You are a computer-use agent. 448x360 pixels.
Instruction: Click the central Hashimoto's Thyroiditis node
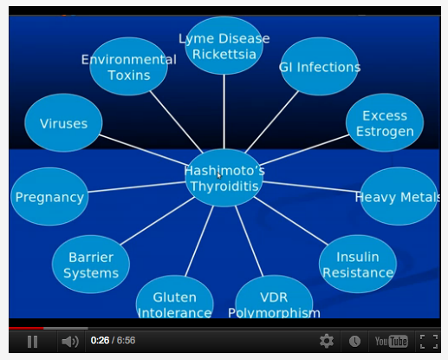pos(224,178)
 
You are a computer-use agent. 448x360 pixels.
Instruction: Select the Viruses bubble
pos(63,122)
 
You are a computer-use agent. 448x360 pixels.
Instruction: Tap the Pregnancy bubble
pos(49,197)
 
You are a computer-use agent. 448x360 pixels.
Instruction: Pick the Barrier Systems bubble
pos(91,265)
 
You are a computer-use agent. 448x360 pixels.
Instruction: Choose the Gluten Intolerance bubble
pos(175,297)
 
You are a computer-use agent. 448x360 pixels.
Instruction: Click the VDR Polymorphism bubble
pos(274,297)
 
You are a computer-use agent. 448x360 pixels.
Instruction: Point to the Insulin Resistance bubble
pos(358,264)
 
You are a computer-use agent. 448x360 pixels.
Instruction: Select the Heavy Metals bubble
pos(399,196)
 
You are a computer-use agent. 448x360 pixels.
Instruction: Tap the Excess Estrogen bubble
pos(385,122)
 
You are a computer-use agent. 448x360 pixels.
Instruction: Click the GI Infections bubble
pos(320,66)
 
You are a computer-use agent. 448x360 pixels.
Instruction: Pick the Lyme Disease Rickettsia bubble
pos(224,45)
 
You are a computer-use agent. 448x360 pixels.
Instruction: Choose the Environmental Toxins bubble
pos(129,66)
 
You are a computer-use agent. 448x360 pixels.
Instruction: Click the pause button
pos(32,342)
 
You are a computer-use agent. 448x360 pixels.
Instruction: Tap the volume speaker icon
pos(70,342)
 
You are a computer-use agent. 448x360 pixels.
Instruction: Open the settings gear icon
pos(327,341)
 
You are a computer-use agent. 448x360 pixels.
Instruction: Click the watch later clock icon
pos(354,342)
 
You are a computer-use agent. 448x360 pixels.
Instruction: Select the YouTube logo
pos(391,342)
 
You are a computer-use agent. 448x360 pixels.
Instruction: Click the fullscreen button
pos(429,342)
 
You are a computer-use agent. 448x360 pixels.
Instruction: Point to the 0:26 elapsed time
pos(100,340)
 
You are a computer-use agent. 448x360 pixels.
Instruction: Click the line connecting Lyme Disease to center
pos(224,112)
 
